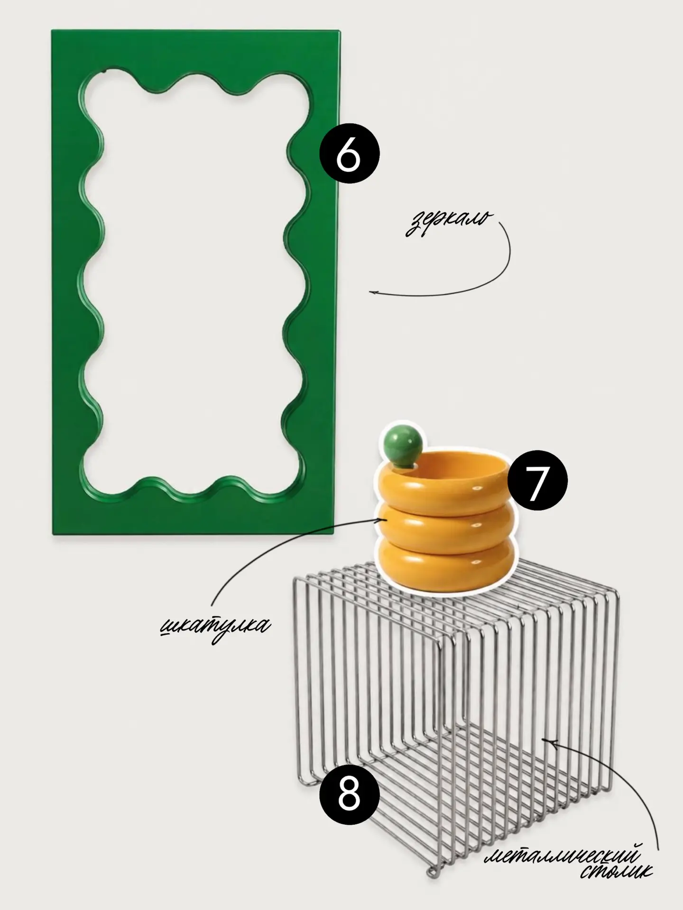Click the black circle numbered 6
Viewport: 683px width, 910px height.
pyautogui.click(x=350, y=155)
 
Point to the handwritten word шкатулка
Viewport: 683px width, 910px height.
pyautogui.click(x=215, y=628)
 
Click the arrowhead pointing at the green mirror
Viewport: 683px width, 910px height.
pyautogui.click(x=373, y=293)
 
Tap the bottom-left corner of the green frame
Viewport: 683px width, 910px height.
pyautogui.click(x=53, y=534)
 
